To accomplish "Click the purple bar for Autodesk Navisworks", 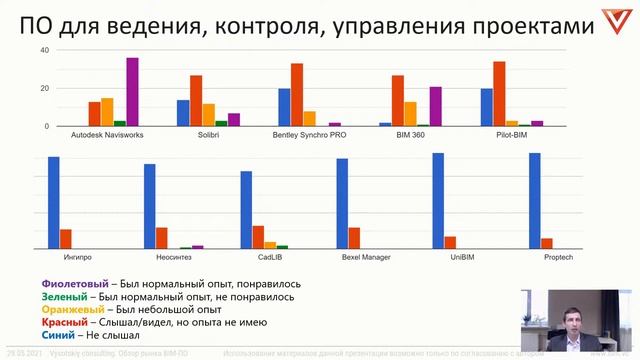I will tap(132, 92).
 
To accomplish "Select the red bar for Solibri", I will tap(196, 101).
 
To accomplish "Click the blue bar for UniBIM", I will tap(438, 200).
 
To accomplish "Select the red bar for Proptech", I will tap(547, 243).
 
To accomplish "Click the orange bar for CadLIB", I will tap(270, 244).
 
